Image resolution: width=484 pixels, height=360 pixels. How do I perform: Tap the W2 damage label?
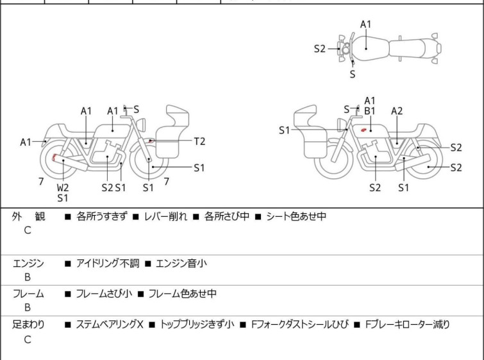coord(63,187)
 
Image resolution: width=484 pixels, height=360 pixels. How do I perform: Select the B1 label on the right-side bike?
coord(370,111)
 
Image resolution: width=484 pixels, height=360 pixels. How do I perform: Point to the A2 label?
coord(397,111)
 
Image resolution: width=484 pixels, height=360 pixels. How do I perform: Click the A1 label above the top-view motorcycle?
coord(365,24)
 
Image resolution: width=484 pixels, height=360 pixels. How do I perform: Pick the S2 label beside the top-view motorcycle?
coord(320,49)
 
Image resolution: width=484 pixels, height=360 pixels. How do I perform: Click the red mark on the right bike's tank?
coord(364,131)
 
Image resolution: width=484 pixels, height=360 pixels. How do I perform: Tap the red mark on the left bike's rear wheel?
coord(54,158)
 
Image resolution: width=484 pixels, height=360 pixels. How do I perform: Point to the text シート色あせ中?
coord(296,216)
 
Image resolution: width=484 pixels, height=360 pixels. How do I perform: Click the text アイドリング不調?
coord(106,262)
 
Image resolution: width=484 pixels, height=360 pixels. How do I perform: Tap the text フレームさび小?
coord(104,293)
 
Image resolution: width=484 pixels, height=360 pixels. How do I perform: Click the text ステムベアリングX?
coord(110,324)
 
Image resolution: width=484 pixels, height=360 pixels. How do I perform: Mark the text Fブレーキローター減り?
coord(407,324)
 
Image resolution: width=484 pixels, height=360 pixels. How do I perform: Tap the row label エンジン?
coord(28,262)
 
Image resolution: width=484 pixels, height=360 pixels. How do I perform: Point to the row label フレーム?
coord(28,293)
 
